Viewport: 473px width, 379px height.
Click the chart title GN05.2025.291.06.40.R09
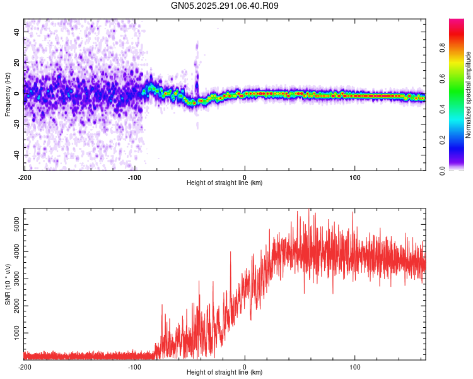(x=225, y=6)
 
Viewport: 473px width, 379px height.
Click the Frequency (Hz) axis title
(x=8, y=95)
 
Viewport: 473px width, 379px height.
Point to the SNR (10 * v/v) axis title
(x=8, y=284)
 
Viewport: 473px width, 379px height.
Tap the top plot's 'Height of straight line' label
(x=225, y=183)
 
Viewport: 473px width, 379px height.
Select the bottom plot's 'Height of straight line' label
(x=225, y=372)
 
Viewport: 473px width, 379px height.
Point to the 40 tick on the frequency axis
(x=17, y=32)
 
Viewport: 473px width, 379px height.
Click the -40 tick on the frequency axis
(x=16, y=155)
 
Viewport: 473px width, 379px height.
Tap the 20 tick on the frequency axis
(x=17, y=63)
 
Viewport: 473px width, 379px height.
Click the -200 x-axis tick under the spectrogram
(x=24, y=176)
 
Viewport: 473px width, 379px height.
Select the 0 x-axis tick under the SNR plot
(x=245, y=366)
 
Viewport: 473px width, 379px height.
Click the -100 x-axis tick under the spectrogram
(x=134, y=176)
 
